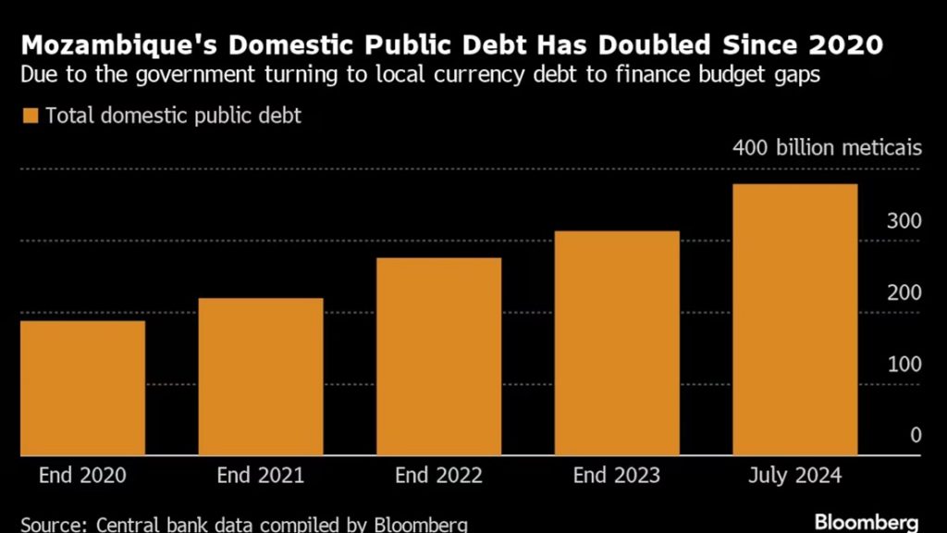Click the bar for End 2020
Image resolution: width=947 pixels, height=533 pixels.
click(x=82, y=388)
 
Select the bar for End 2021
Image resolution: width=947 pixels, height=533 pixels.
click(x=261, y=377)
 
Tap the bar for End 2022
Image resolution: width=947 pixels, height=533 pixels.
click(x=438, y=356)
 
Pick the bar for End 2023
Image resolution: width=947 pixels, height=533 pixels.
click(x=617, y=343)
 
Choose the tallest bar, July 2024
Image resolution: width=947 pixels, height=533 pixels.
click(x=795, y=320)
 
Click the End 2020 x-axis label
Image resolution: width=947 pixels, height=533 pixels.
click(x=82, y=476)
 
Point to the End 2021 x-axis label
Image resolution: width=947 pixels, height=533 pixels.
click(x=261, y=476)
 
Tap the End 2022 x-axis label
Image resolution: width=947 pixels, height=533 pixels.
click(x=438, y=476)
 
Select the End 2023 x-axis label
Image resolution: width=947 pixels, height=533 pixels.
click(x=617, y=476)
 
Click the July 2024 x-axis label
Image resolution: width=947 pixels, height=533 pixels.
click(x=795, y=476)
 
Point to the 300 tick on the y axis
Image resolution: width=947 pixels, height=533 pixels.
click(x=904, y=221)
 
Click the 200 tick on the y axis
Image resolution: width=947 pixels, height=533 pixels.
click(x=904, y=293)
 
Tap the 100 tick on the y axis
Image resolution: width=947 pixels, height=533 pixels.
click(x=904, y=365)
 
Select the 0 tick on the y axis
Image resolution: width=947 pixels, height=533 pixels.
click(x=915, y=436)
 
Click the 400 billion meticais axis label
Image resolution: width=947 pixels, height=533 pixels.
click(x=827, y=148)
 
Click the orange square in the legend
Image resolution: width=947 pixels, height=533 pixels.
click(x=30, y=116)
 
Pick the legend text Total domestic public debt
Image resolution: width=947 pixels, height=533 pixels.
click(x=174, y=116)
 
